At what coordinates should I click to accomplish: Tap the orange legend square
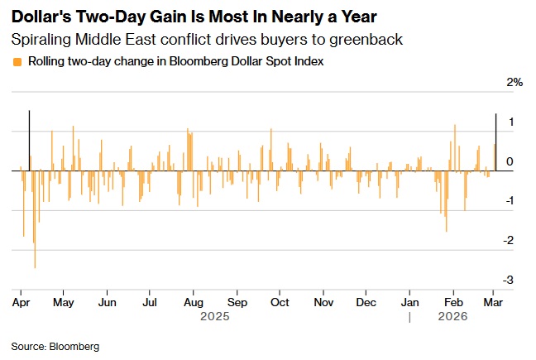pyautogui.click(x=17, y=61)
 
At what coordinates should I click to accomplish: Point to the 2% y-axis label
pyautogui.click(x=515, y=83)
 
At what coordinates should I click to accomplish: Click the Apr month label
pyautogui.click(x=22, y=302)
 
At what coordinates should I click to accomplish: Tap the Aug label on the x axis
pyautogui.click(x=193, y=302)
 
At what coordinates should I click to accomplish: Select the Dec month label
pyautogui.click(x=366, y=302)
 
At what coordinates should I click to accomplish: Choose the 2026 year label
pyautogui.click(x=452, y=316)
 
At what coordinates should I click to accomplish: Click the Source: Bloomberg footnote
pyautogui.click(x=55, y=346)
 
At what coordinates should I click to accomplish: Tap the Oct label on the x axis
pyautogui.click(x=280, y=302)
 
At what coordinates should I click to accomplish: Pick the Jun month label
pyautogui.click(x=106, y=302)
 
